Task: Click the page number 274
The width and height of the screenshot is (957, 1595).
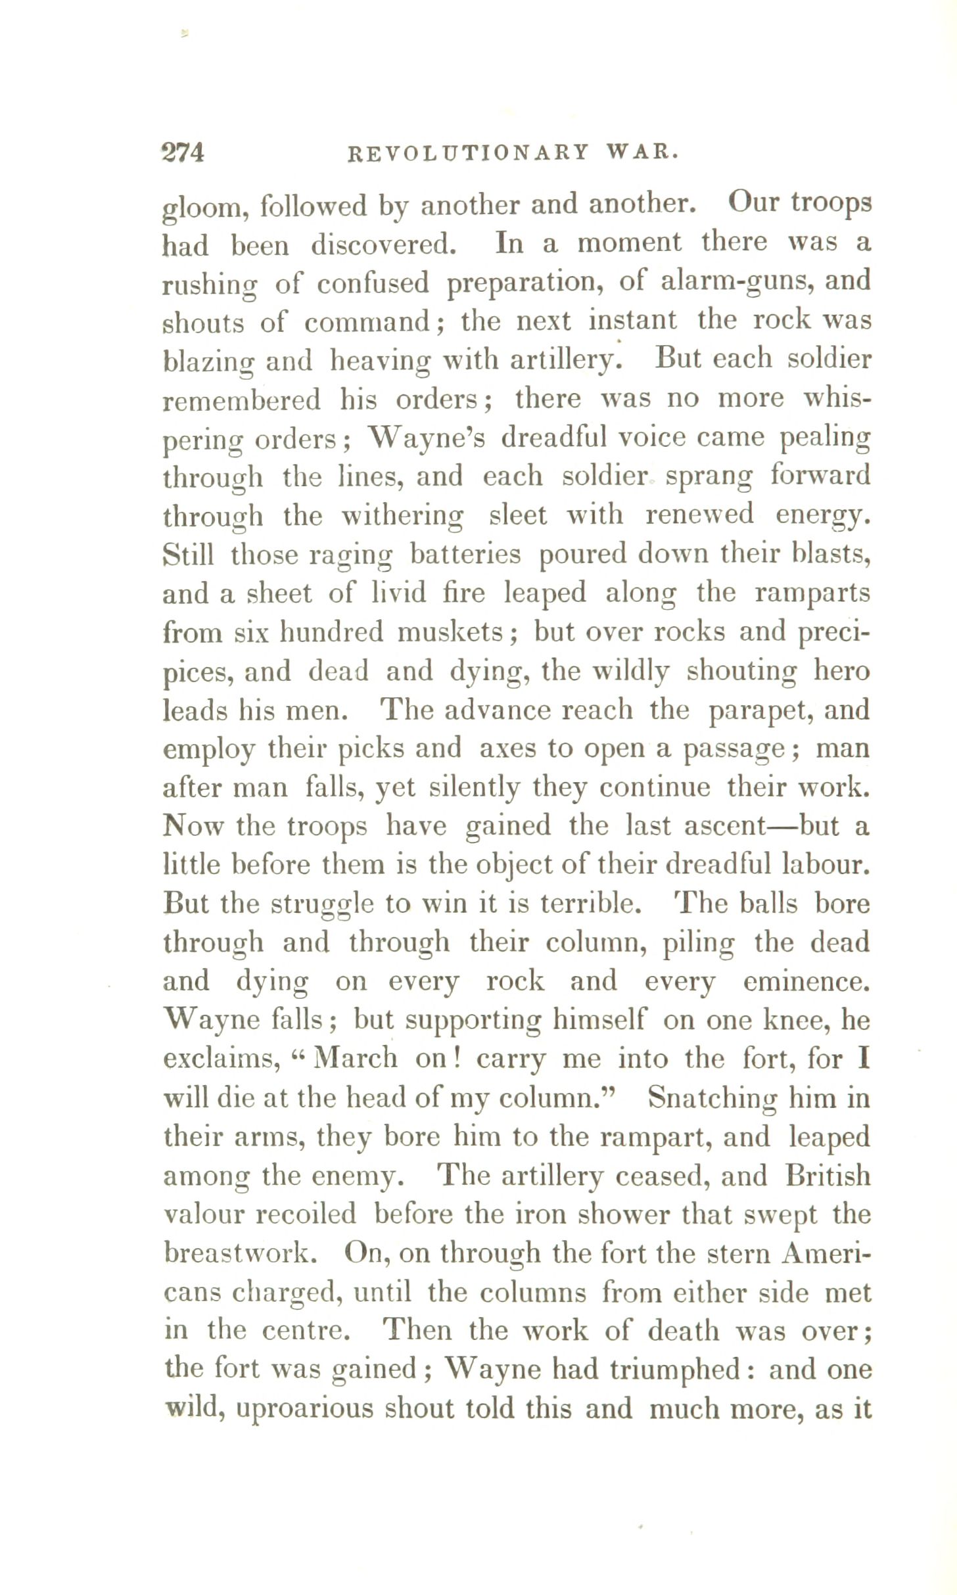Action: click(x=183, y=152)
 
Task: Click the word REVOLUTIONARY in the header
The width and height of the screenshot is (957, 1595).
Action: click(x=467, y=153)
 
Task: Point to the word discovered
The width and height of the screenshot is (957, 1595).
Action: click(x=383, y=244)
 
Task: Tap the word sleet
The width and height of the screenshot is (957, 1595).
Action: click(x=518, y=515)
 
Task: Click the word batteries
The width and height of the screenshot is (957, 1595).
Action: click(x=465, y=554)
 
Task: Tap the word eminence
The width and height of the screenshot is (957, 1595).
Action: click(x=806, y=982)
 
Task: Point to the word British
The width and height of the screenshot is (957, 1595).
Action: click(x=828, y=1176)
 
